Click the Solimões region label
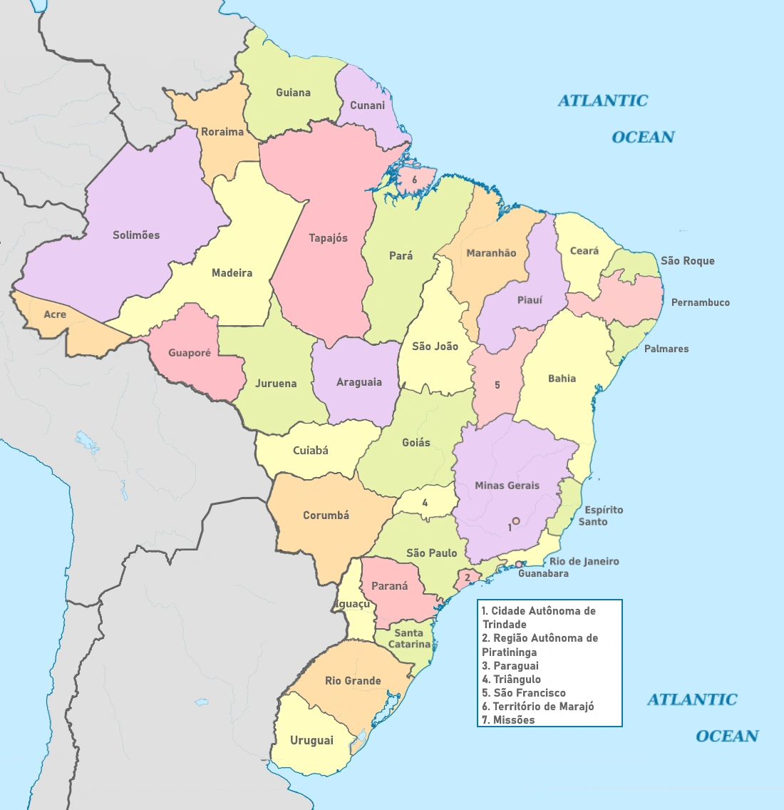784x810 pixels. pos(136,235)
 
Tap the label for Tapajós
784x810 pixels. pos(328,238)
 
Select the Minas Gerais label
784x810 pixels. pos(507,486)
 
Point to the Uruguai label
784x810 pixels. pos(311,741)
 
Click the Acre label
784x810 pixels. pos(55,314)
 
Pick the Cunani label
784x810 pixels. pos(367,106)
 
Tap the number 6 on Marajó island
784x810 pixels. pos(414,180)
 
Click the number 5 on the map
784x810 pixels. pos(497,385)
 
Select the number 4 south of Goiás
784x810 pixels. pos(425,503)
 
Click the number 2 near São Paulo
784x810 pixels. pos(468,578)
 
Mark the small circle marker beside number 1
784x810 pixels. pos(516,521)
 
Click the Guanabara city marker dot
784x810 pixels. pos(519,564)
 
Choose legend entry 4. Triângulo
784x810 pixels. pos(511,680)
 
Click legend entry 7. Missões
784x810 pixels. pos(508,720)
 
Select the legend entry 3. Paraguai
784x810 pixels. pos(510,666)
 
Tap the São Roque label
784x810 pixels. pos(687,261)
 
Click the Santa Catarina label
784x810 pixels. pos(409,638)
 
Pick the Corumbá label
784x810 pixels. pos(326,516)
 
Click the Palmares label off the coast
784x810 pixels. pos(666,349)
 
